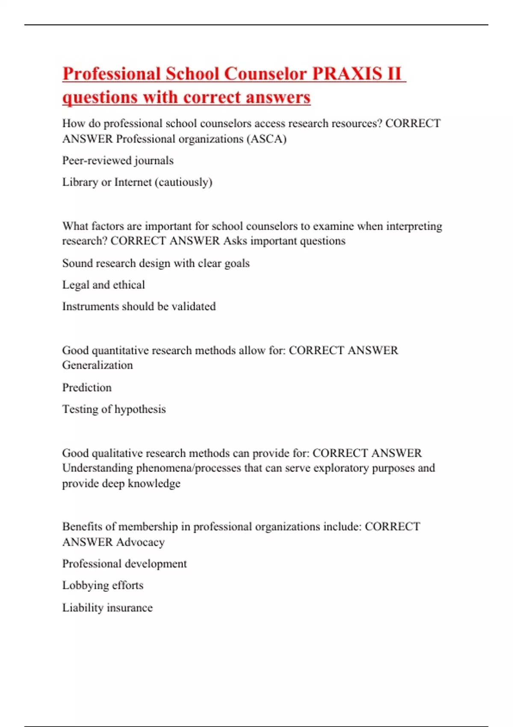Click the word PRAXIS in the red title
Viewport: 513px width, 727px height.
347,74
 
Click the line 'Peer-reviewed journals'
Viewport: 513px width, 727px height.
118,161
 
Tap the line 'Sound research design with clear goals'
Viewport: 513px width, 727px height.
156,263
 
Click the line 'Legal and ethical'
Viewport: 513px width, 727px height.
103,285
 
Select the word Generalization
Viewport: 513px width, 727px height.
97,365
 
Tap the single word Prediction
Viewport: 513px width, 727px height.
87,387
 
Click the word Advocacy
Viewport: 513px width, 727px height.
140,542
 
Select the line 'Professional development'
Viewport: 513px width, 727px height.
124,564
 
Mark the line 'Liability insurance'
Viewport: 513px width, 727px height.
107,608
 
